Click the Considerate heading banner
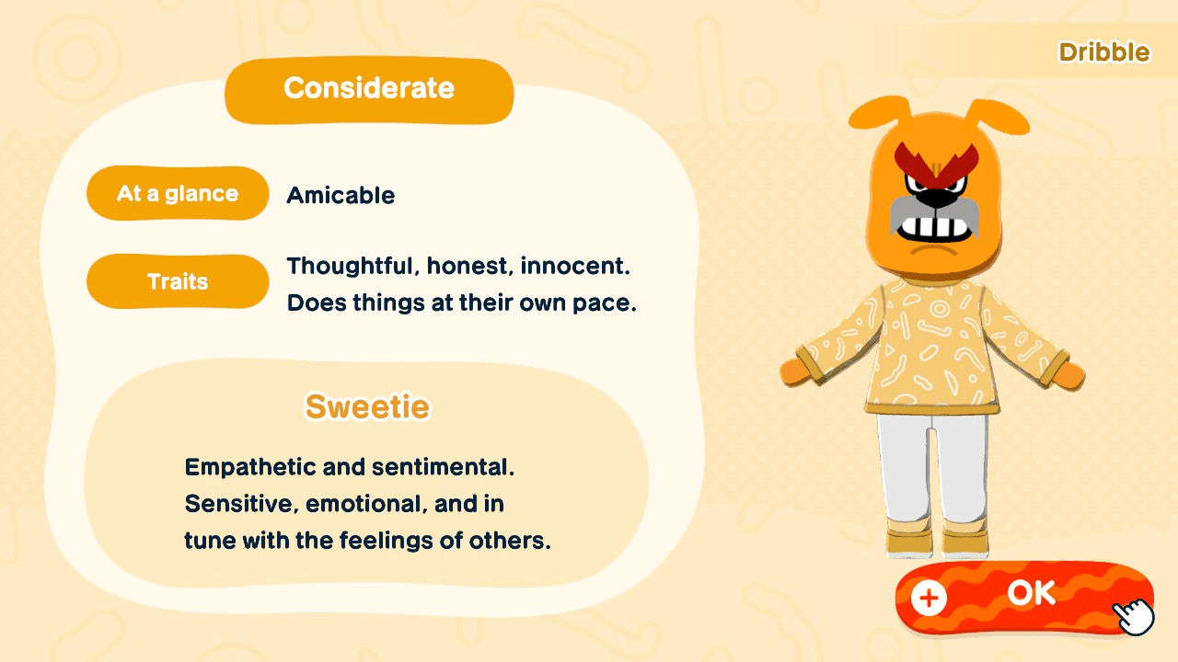coord(368,89)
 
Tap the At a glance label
coord(178,194)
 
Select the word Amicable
coord(341,195)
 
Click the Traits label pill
coord(178,281)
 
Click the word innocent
coord(574,267)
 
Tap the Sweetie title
coord(367,406)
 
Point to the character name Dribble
coord(1103,52)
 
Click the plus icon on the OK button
coord(929,599)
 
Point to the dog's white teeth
coord(935,225)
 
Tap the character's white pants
coord(934,469)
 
